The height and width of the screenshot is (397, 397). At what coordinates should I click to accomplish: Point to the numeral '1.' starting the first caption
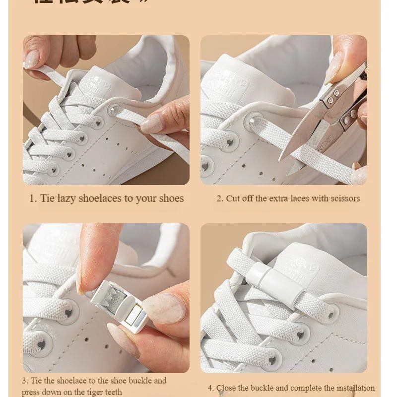pos(33,198)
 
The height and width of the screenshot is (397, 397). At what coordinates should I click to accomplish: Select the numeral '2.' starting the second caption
pos(220,198)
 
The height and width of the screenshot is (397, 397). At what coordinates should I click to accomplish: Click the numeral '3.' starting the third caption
pos(25,381)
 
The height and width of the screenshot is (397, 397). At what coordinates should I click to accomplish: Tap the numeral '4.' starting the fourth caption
pos(211,388)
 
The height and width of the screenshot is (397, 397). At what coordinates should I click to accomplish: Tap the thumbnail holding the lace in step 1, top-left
pos(31,59)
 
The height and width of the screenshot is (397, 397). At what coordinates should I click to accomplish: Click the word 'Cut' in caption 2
pos(233,198)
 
